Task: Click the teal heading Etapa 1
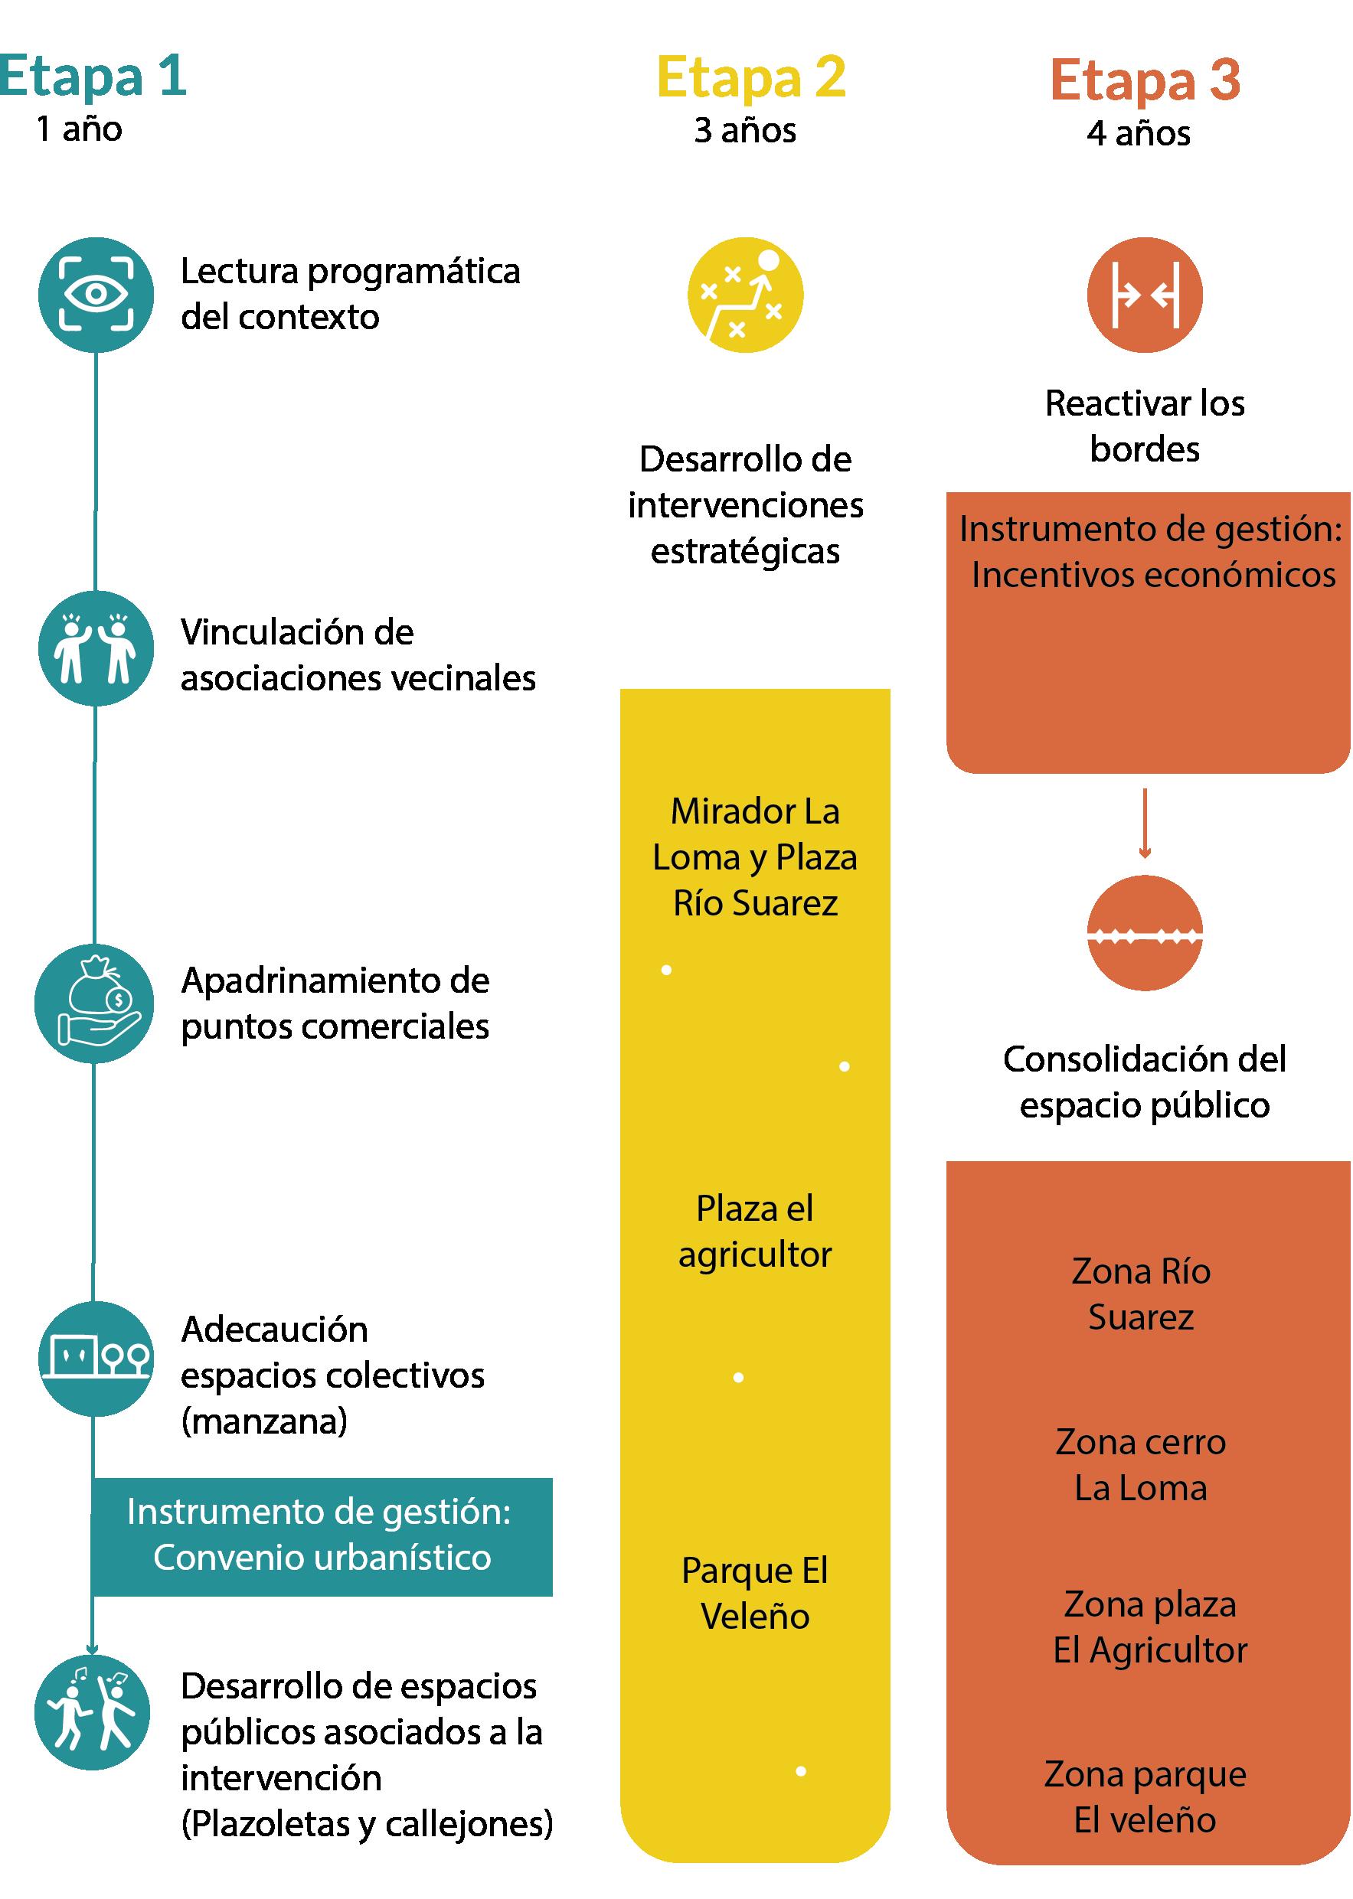(93, 77)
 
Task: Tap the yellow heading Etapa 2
(750, 78)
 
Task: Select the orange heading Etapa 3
(1145, 81)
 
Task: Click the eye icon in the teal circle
(96, 295)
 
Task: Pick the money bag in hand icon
(94, 1003)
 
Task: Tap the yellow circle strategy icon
(745, 295)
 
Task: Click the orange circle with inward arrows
(1144, 295)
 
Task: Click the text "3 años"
(745, 131)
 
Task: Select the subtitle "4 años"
(1138, 133)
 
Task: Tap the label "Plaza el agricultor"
(755, 1232)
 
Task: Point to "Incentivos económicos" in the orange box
(1153, 575)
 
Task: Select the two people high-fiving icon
(96, 648)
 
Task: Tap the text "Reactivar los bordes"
(1145, 426)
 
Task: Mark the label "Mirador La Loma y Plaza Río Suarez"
(755, 857)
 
